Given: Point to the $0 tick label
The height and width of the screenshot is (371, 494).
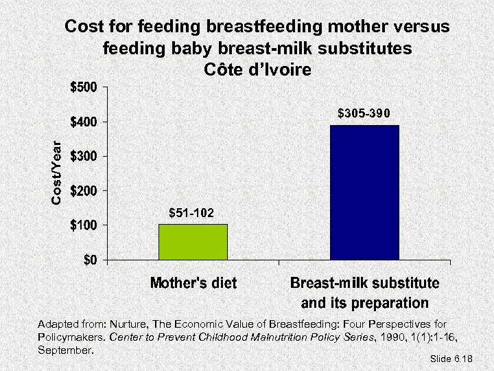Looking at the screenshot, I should coord(91,260).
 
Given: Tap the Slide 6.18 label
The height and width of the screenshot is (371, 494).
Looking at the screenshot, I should coord(452,359).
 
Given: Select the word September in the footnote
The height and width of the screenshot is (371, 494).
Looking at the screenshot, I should coord(65,350).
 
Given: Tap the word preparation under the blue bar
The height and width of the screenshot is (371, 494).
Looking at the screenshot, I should coord(390,303).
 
